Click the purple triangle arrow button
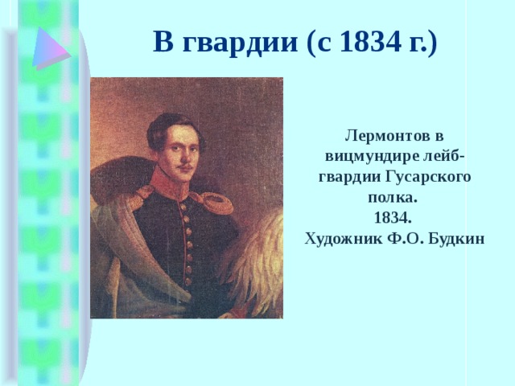coord(50,46)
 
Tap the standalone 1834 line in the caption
coord(393,218)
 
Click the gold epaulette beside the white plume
coord(216,201)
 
